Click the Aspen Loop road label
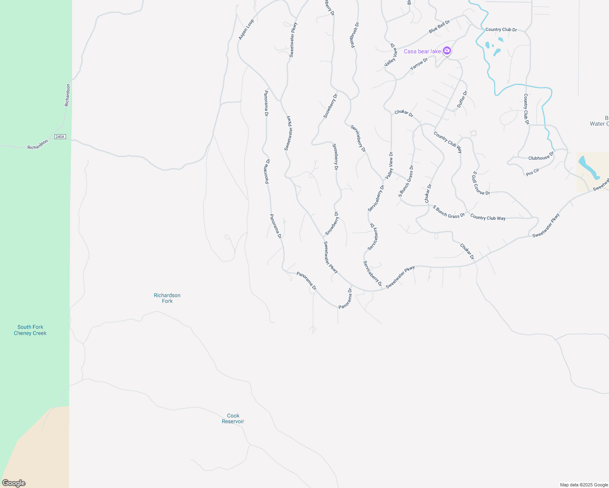click(x=246, y=30)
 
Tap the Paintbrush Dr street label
click(x=355, y=35)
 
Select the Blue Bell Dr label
click(x=439, y=27)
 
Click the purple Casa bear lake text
click(x=422, y=51)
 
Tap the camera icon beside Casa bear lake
click(x=447, y=51)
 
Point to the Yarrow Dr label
click(x=419, y=64)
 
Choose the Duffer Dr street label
click(x=462, y=99)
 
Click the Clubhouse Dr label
click(x=541, y=157)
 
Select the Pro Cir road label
click(x=532, y=172)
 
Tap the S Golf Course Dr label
click(x=481, y=183)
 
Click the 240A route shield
click(x=60, y=137)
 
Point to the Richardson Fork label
click(x=167, y=298)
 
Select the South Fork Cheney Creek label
click(x=30, y=330)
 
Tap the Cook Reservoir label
click(x=233, y=418)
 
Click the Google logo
click(x=14, y=483)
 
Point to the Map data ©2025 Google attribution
click(x=584, y=485)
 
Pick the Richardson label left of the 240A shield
click(x=37, y=144)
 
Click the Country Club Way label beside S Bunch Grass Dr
click(x=488, y=218)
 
